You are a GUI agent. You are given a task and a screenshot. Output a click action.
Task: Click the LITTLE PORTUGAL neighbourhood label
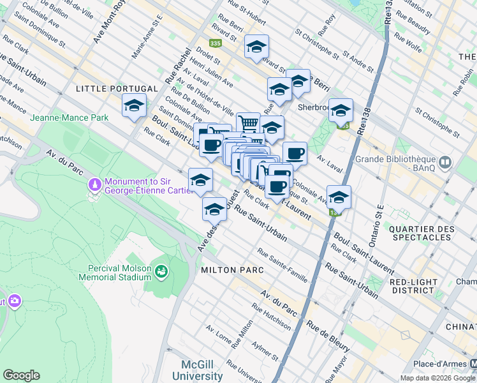(x=117, y=89)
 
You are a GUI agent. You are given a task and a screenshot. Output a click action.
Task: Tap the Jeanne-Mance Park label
(x=69, y=117)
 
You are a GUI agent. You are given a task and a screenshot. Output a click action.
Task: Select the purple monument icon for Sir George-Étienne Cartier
(x=95, y=185)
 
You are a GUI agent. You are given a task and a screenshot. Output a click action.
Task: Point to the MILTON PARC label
(x=232, y=270)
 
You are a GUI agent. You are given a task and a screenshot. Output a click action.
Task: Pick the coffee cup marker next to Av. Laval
(x=294, y=153)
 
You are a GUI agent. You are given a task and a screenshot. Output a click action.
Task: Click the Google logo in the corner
(x=21, y=375)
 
